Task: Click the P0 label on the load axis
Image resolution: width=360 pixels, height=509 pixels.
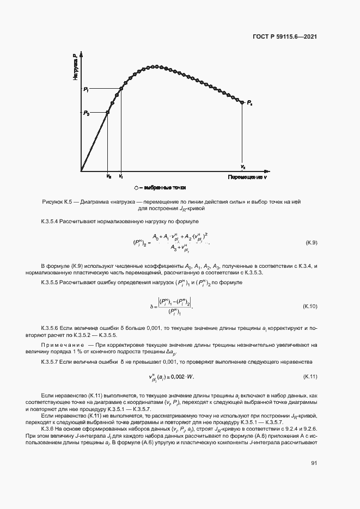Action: click(86, 113)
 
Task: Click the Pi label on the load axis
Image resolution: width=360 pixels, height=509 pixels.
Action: click(86, 89)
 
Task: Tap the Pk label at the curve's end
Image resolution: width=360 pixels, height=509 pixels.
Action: click(249, 102)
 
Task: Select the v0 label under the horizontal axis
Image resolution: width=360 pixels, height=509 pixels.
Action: click(108, 177)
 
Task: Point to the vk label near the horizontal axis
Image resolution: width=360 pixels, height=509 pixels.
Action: click(243, 167)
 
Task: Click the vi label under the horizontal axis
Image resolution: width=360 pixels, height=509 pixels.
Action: click(121, 177)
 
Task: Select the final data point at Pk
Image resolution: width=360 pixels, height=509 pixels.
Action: click(242, 102)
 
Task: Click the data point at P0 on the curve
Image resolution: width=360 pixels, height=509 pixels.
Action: click(108, 112)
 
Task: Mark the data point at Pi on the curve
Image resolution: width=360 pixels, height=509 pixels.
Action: click(121, 89)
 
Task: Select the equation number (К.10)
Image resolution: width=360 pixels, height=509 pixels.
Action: click(310, 308)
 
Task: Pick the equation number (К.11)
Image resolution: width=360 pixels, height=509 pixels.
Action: click(310, 377)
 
